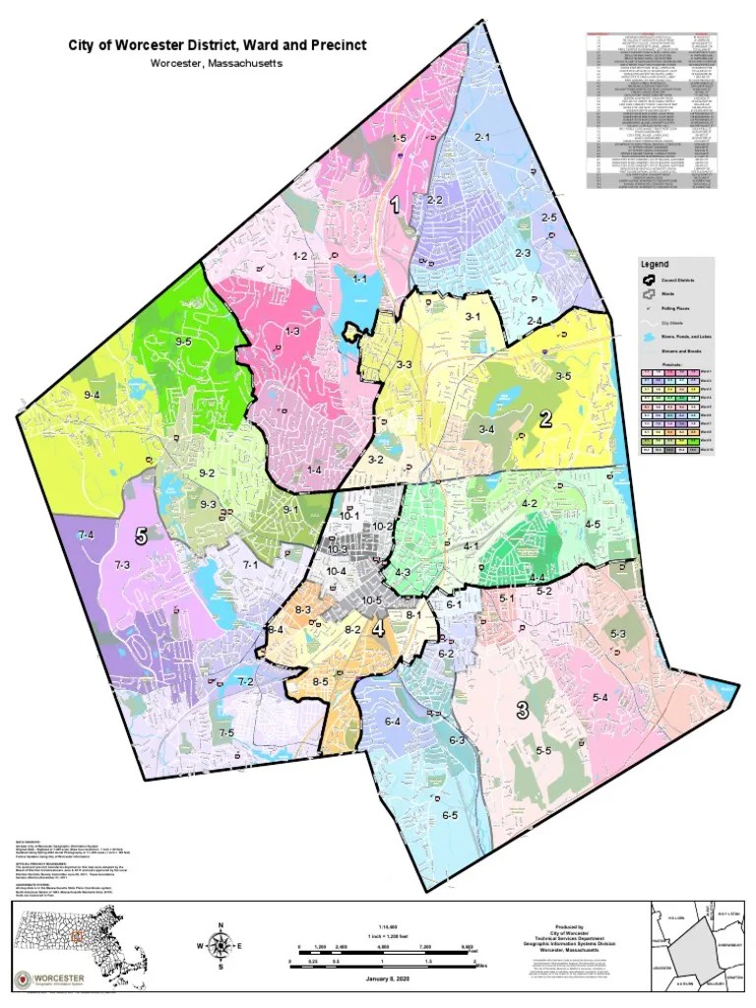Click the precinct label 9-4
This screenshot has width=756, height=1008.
93,395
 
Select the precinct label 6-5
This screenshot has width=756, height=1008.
450,815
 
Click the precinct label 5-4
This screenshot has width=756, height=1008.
600,697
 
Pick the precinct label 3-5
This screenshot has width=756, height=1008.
563,375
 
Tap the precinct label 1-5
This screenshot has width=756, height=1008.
399,139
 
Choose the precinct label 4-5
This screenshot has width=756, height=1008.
593,525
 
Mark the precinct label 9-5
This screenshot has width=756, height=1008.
183,341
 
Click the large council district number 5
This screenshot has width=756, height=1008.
142,536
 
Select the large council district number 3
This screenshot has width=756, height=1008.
522,710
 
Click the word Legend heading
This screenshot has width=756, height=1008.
655,265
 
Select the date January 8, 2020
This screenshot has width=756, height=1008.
387,979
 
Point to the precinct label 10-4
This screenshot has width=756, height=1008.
337,571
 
